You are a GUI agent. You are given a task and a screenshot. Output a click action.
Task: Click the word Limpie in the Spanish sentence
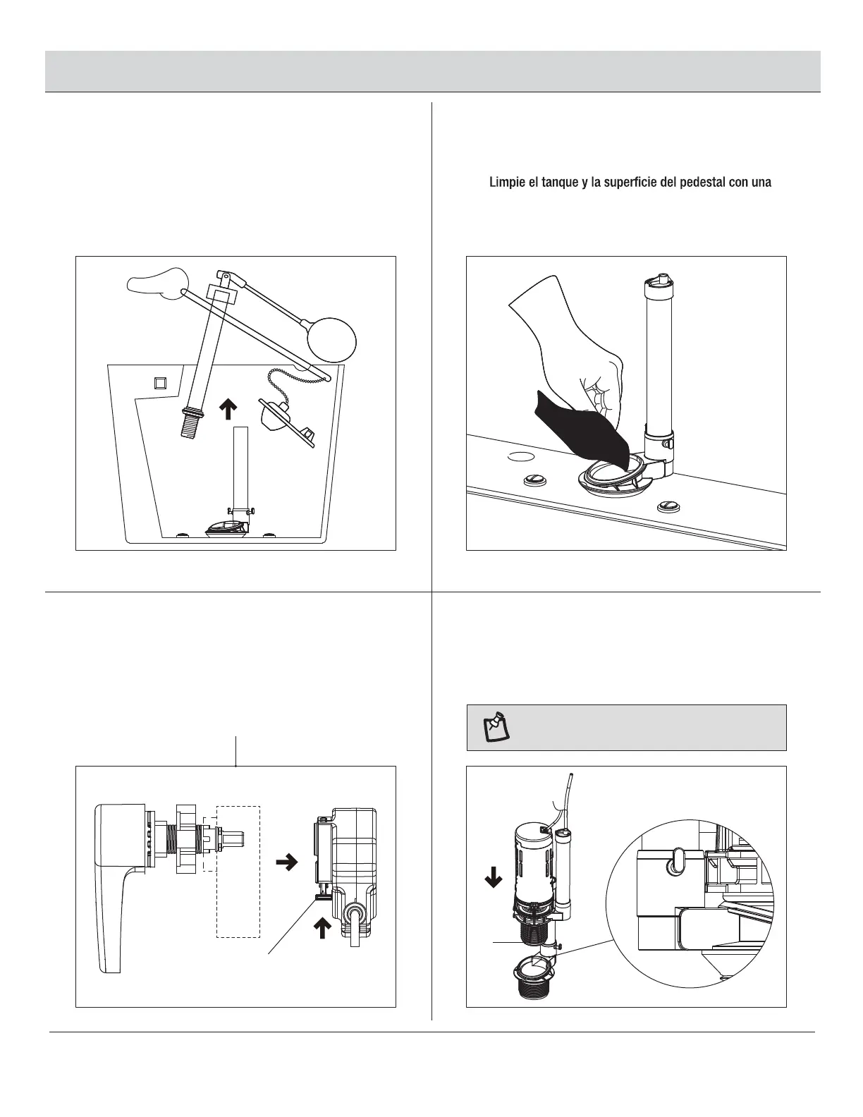tap(505, 183)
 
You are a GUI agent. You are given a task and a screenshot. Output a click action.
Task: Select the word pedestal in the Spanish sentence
tap(688, 183)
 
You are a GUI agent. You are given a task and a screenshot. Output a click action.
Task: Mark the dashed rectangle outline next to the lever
tap(238, 872)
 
